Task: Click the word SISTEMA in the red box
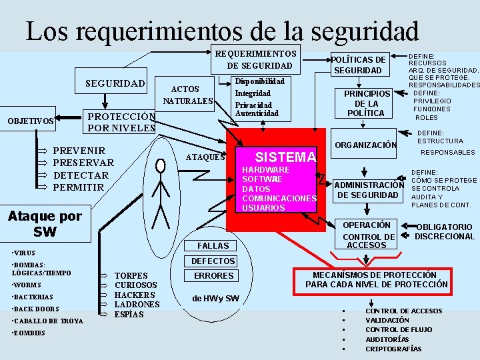(x=285, y=157)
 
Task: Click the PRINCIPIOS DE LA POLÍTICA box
(x=366, y=103)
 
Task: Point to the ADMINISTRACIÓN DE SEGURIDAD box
(x=368, y=190)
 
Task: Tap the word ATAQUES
(x=204, y=157)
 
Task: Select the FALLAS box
(x=213, y=246)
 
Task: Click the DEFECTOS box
(x=213, y=261)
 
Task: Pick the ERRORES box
(x=213, y=275)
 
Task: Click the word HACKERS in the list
(x=135, y=295)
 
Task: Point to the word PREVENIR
(x=79, y=151)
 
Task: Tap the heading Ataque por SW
(x=44, y=223)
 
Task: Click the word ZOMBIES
(x=30, y=333)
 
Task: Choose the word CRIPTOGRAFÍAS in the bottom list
(x=393, y=349)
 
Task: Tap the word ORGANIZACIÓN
(x=365, y=145)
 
